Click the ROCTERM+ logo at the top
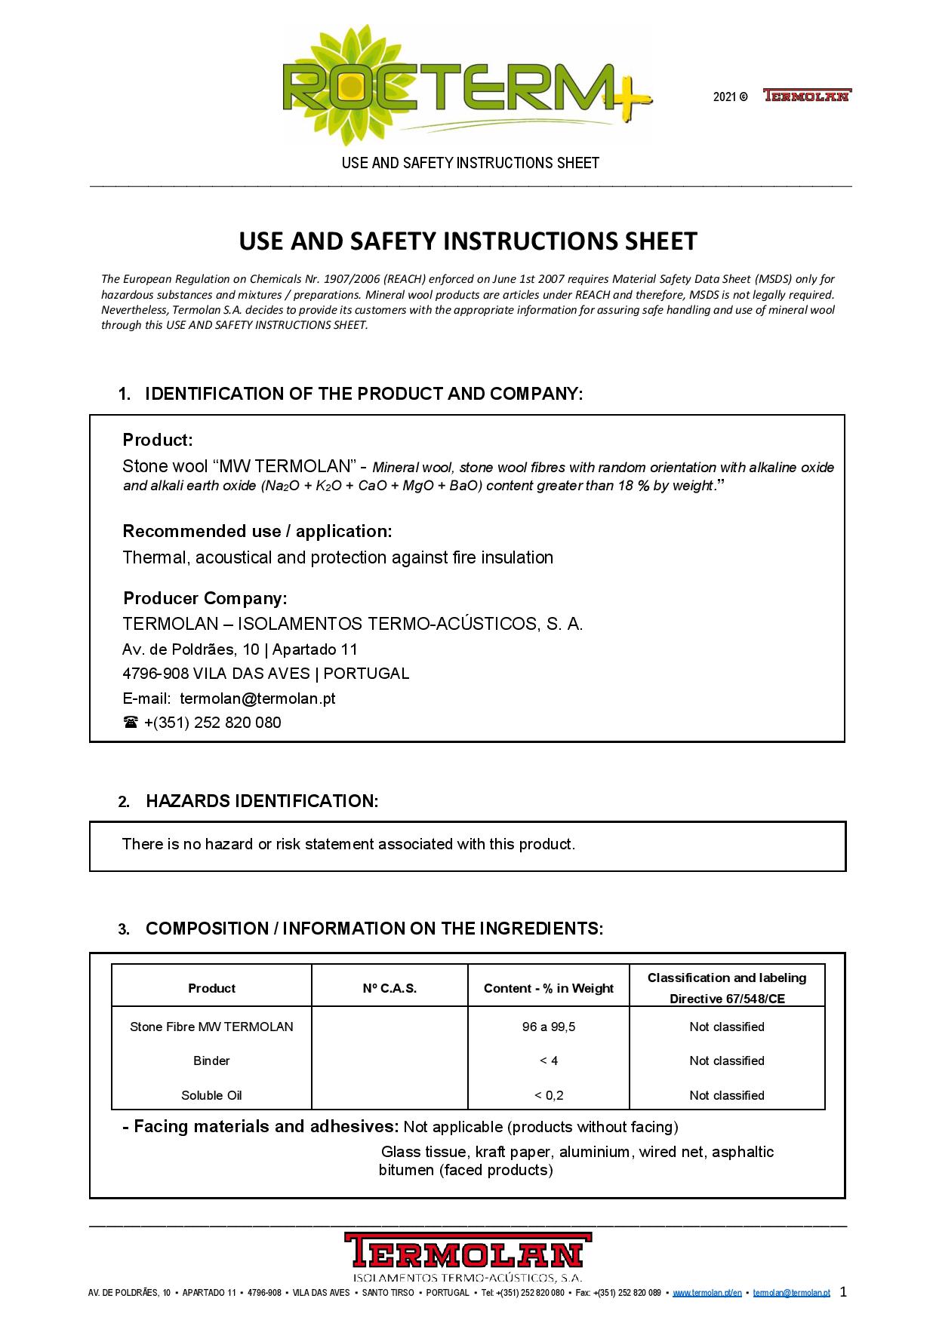point(466,87)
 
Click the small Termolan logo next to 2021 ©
point(806,96)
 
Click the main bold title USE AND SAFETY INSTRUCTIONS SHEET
point(468,241)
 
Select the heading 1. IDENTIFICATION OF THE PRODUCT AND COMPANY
point(351,394)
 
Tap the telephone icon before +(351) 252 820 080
point(130,723)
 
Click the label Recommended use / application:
point(257,531)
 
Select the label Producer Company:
point(205,598)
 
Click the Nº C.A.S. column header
point(389,988)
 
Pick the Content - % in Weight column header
point(548,988)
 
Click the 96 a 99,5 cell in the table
point(548,1027)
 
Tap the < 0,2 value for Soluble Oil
point(548,1095)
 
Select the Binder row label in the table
point(211,1061)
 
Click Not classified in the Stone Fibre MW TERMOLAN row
point(726,1027)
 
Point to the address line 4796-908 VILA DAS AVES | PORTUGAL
point(266,674)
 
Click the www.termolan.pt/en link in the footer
point(707,1293)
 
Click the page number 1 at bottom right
point(843,1291)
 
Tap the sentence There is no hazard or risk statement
point(348,844)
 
